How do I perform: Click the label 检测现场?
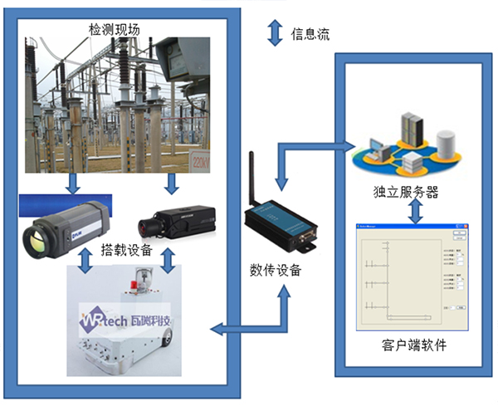click(x=114, y=30)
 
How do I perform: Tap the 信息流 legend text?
click(x=310, y=34)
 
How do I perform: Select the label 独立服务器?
click(x=406, y=192)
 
